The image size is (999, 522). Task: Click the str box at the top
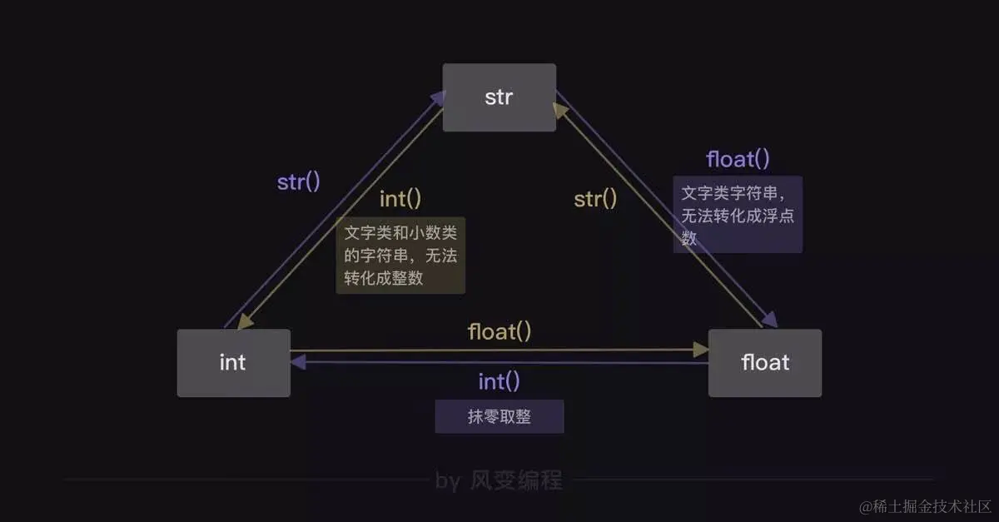499,97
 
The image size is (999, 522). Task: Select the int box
234,363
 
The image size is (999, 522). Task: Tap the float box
765,363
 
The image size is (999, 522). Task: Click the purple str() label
298,182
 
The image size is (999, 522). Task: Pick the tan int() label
400,199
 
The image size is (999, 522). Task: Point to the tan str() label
595,199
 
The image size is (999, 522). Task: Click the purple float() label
738,159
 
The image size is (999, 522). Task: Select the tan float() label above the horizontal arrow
499,332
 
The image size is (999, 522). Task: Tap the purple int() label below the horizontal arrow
499,381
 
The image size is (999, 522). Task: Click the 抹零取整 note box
499,416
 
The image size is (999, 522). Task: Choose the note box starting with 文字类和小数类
400,256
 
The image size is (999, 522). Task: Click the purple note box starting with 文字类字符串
738,215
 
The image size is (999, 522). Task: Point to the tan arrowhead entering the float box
701,350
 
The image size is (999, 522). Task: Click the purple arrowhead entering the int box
298,362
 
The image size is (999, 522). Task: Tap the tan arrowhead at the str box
560,110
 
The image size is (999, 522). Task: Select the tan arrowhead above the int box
246,321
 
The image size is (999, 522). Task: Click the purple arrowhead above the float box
770,319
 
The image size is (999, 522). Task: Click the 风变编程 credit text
516,480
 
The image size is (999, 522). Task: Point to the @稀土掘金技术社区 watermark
925,507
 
